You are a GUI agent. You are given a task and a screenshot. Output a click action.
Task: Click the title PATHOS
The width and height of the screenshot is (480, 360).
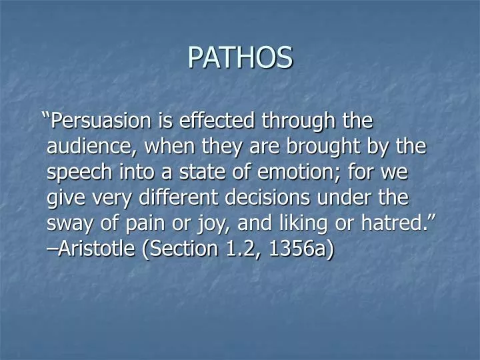pos(240,57)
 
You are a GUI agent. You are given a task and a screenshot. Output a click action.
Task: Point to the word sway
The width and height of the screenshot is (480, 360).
pos(67,223)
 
